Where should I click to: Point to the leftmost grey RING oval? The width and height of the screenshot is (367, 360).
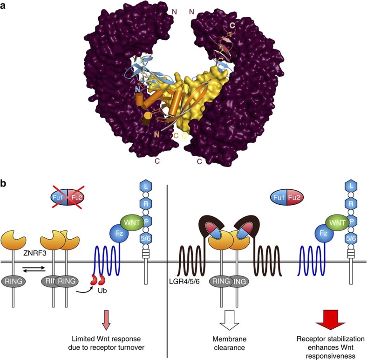(14, 282)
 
